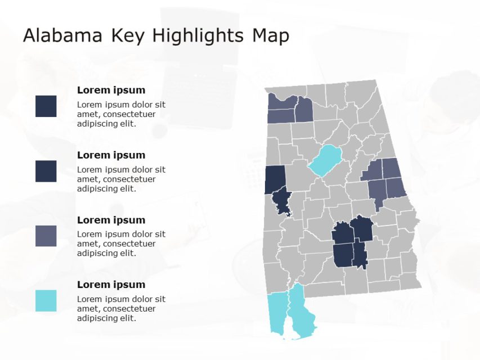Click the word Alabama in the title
click(62, 36)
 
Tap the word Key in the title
click(127, 36)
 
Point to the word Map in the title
click(271, 36)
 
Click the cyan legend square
click(46, 300)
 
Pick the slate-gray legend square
click(46, 236)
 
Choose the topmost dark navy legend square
click(46, 106)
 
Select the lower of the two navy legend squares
click(46, 171)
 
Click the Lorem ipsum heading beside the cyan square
click(111, 285)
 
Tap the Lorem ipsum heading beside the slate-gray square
click(111, 220)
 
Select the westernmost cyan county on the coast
click(277, 313)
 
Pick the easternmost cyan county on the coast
click(301, 315)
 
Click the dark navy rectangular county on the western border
click(275, 179)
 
